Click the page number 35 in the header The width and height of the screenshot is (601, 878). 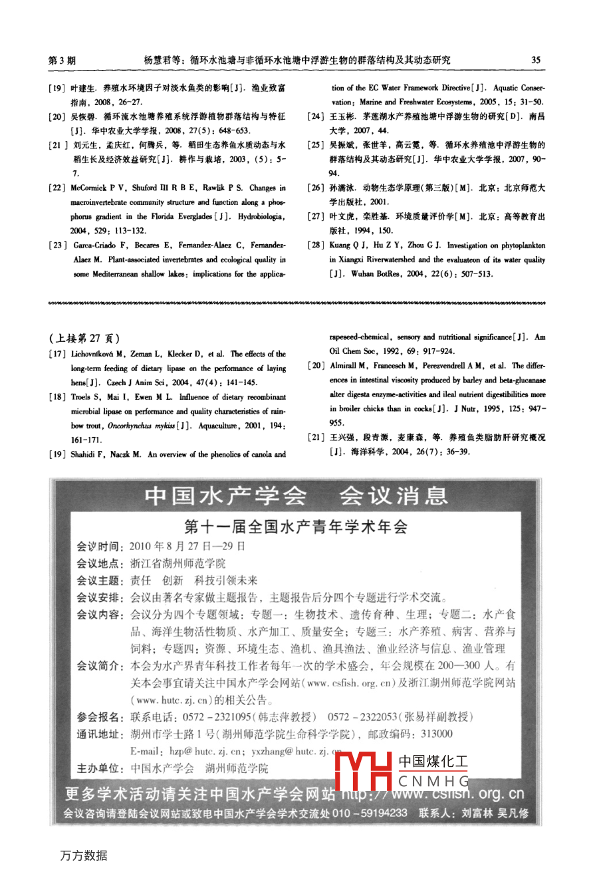536,60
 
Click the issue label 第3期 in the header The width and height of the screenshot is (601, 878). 62,60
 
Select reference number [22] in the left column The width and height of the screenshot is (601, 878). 57,188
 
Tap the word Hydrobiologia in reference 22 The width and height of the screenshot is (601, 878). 261,217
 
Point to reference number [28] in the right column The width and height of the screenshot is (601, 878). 316,245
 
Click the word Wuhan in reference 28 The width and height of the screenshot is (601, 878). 362,274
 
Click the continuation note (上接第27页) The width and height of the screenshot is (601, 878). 85,339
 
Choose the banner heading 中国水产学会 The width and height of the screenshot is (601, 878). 225,496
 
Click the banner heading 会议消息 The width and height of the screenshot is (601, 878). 394,496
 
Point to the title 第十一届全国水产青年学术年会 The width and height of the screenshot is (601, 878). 296,527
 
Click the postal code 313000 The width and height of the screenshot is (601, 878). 437,734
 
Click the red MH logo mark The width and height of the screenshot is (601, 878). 363,772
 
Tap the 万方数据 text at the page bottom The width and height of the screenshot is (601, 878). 84,855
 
